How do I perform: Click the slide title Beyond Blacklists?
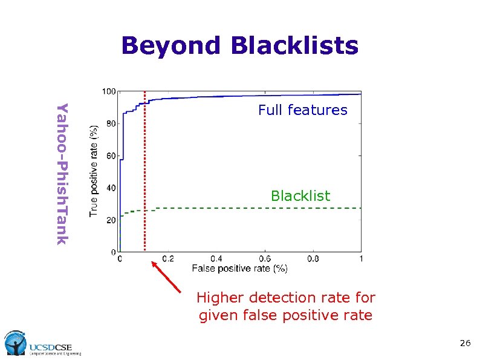point(239,46)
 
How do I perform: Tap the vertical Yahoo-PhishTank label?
point(62,174)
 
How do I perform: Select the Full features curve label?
point(302,110)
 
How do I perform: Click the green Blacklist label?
point(300,196)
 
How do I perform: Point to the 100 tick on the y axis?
point(109,92)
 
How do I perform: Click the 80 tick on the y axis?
point(111,124)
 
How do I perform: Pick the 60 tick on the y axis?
point(111,156)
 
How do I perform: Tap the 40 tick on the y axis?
point(111,188)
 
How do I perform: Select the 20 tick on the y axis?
point(111,220)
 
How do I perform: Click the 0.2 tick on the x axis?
point(167,259)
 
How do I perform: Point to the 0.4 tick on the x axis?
point(216,259)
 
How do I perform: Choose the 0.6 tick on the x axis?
point(264,259)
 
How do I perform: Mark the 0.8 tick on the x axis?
point(313,259)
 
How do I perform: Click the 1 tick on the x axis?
point(361,259)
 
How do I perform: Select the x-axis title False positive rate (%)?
point(239,268)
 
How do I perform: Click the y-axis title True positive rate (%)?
point(94,171)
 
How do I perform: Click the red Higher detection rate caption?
point(285,307)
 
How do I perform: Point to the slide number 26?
point(464,344)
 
